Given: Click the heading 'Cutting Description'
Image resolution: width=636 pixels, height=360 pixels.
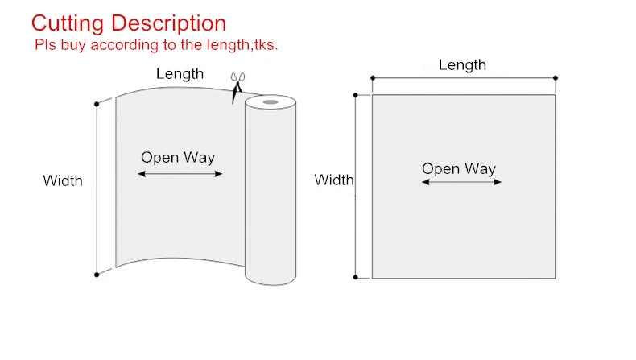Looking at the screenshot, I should pos(128,23).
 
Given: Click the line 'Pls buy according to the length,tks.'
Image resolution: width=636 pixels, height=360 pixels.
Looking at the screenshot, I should pos(156,45).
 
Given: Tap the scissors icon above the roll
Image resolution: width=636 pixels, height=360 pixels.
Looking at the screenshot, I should pos(237,86).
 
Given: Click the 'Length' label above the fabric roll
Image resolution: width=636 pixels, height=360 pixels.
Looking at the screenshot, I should pos(180,74).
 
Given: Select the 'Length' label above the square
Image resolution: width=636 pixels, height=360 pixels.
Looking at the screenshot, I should pos(462,65).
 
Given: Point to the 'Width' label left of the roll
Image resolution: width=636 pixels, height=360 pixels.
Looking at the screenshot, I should pos(63,181).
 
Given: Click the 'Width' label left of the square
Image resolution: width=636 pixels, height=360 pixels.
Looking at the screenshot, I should pos(333,180).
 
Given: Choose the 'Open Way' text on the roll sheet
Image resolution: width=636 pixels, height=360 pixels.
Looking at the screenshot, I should pos(178,158).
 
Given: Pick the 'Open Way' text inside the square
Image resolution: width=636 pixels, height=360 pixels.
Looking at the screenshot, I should pos(459,168).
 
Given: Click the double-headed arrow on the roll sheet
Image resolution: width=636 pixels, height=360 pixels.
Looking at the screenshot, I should pos(180,173).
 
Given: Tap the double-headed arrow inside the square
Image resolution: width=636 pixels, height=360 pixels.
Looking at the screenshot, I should pos(461,182).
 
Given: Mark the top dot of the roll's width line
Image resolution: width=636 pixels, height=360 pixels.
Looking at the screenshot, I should pos(97,103).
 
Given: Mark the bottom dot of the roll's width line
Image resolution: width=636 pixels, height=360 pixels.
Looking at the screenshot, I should pos(97,275).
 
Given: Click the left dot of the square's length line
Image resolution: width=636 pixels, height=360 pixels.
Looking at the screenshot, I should pos(372,78).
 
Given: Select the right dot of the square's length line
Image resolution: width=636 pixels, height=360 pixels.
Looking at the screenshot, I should pos(555,78).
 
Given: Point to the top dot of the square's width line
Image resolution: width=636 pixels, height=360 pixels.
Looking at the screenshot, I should pos(356,95).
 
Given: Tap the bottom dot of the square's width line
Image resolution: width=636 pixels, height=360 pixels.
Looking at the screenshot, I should pos(356,278).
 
